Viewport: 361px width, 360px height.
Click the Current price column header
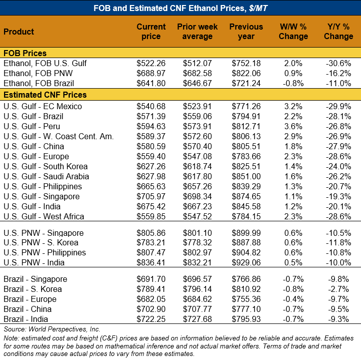(x=151, y=32)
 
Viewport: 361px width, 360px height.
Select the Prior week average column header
(x=198, y=32)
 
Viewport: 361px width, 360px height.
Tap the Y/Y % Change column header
(x=338, y=32)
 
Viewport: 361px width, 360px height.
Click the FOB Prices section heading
(x=25, y=53)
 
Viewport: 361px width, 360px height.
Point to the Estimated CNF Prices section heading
(x=45, y=95)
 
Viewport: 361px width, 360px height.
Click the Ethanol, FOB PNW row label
(x=38, y=73)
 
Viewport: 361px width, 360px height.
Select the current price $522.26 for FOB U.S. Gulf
(x=151, y=63)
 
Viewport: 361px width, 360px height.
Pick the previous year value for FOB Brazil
(x=246, y=83)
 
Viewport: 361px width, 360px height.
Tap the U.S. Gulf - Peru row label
(x=32, y=127)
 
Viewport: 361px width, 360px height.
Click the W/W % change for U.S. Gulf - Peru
(x=293, y=127)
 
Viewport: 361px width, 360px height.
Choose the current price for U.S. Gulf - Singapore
(x=151, y=197)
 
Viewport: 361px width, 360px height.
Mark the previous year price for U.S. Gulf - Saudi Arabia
(x=246, y=177)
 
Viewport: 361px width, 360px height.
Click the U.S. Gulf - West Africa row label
(x=44, y=217)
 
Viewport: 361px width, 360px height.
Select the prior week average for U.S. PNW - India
(x=198, y=262)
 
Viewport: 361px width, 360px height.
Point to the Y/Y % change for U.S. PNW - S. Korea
(x=338, y=242)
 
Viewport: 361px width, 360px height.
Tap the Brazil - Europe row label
(x=30, y=299)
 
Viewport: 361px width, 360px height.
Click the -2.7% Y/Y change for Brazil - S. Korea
(x=338, y=289)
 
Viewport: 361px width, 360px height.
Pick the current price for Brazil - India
(x=151, y=319)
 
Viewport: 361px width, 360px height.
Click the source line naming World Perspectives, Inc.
(x=52, y=329)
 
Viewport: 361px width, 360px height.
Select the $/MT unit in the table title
(x=258, y=9)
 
